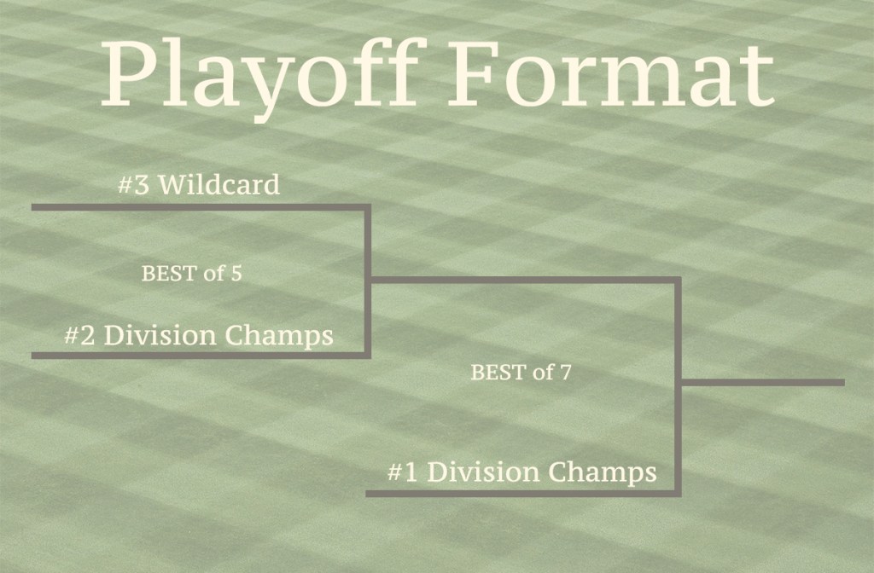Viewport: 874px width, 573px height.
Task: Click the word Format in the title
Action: click(x=611, y=73)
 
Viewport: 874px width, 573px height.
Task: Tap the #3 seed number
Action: click(x=134, y=185)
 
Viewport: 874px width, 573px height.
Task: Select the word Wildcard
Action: click(x=219, y=184)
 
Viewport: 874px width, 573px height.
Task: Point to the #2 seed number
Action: click(x=79, y=336)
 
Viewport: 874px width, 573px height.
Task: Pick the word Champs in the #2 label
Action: click(x=279, y=336)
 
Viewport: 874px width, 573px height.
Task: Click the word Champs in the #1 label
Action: click(x=603, y=472)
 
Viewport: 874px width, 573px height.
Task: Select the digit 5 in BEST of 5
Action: click(x=236, y=274)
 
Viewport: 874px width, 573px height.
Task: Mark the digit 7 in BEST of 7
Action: click(x=566, y=372)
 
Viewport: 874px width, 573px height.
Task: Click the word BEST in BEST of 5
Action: click(x=170, y=274)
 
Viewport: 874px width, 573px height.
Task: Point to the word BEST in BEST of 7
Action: click(x=498, y=372)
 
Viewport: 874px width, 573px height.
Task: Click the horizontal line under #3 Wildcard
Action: click(x=200, y=207)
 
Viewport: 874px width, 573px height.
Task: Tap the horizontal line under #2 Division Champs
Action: click(x=200, y=356)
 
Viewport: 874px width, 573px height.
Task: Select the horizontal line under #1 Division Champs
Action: click(x=522, y=494)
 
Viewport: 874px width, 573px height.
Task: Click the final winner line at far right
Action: click(x=762, y=383)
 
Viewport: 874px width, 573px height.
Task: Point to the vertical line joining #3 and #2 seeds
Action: click(x=368, y=281)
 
